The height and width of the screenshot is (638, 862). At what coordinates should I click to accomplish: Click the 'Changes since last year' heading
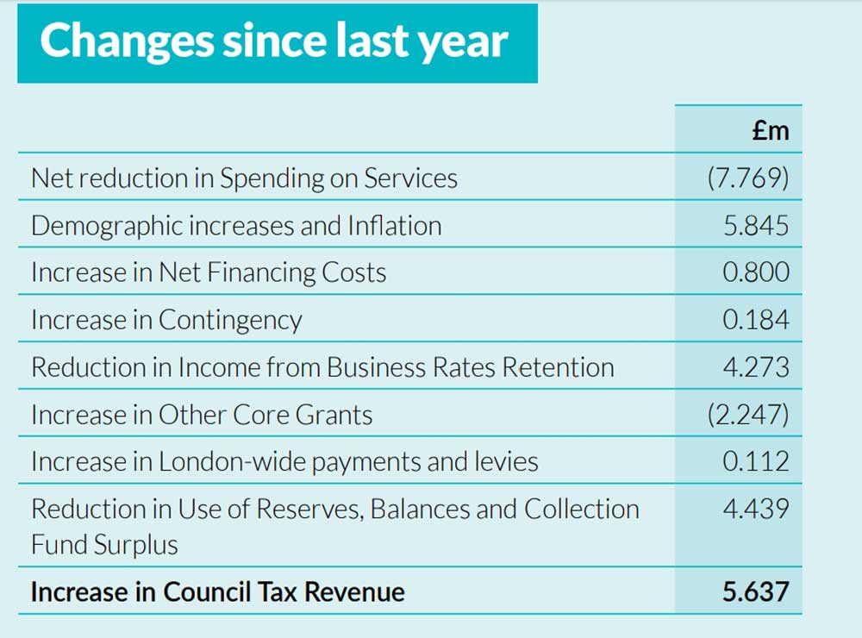point(274,41)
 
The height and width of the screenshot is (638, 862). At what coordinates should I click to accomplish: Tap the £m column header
point(770,130)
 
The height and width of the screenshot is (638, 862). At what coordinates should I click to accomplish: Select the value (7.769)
point(747,178)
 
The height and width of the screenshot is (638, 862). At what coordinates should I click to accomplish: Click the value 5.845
point(756,226)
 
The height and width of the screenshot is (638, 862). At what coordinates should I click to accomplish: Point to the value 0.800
point(756,272)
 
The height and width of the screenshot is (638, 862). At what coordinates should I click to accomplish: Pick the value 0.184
point(756,320)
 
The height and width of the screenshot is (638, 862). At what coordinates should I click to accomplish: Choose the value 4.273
point(756,367)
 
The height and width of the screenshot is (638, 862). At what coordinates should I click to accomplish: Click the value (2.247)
point(747,415)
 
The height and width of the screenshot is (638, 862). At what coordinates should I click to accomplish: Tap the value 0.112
point(756,461)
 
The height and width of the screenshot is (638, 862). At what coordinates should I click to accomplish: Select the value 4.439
point(756,509)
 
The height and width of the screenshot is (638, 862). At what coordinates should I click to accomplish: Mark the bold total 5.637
point(756,592)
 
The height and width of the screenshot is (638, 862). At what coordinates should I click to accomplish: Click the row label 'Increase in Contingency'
point(166,320)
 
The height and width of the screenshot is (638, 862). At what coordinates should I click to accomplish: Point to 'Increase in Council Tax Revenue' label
point(217,592)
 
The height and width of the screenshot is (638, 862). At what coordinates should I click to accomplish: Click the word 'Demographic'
point(106,226)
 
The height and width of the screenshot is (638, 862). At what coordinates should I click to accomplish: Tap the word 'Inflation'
point(394,226)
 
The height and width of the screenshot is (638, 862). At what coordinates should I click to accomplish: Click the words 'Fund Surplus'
point(104,545)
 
